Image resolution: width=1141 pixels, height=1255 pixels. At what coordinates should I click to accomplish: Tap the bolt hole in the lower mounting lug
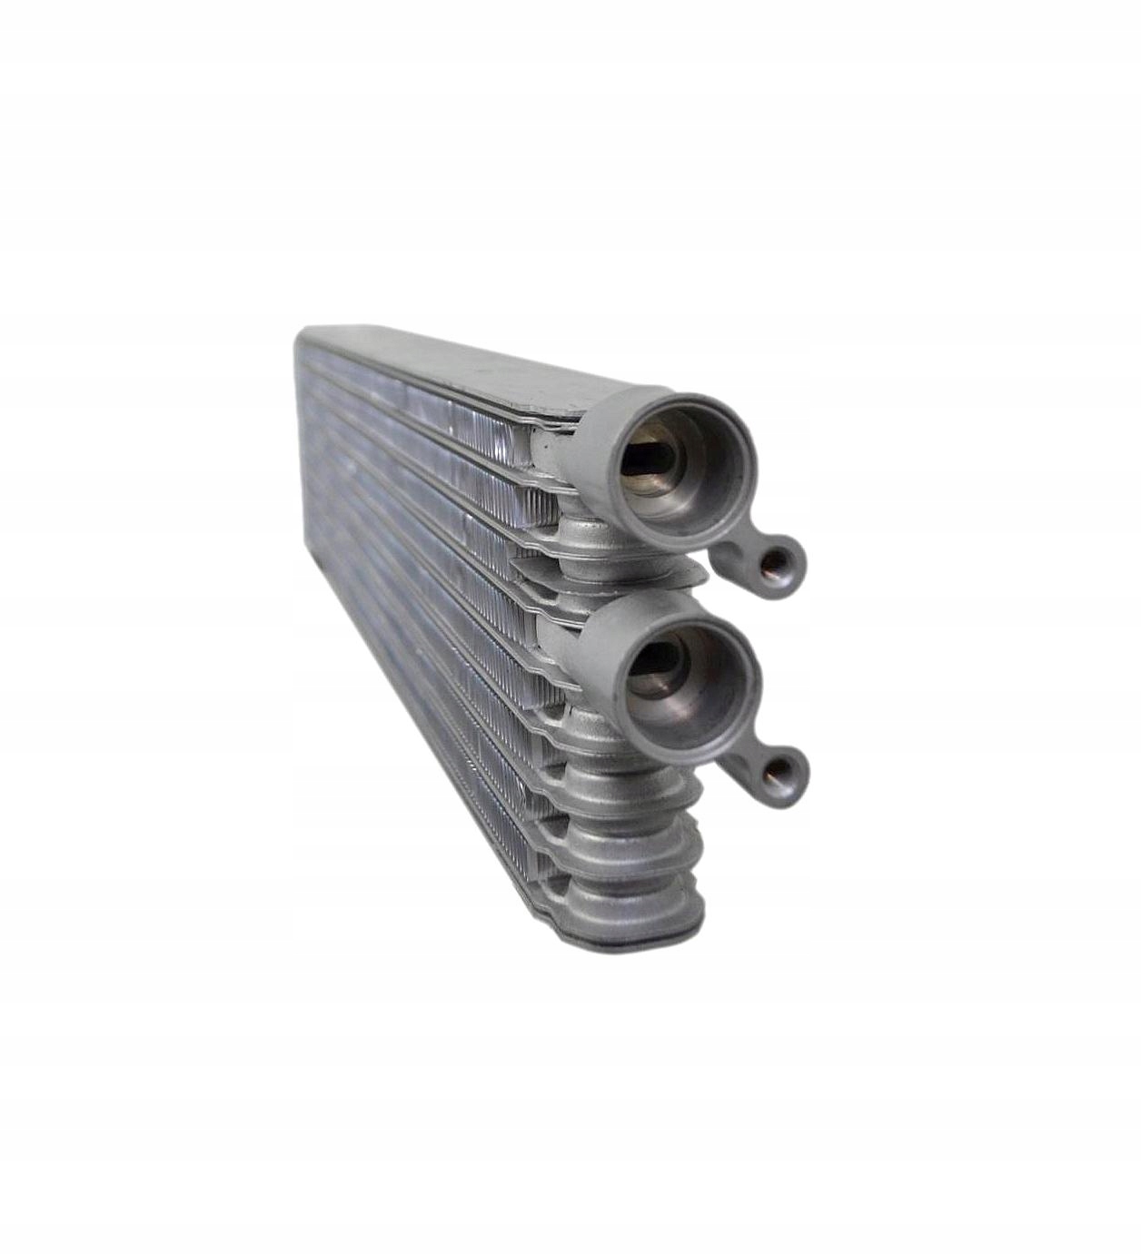(779, 773)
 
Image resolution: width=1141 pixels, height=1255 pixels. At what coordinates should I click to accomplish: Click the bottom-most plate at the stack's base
(627, 935)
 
